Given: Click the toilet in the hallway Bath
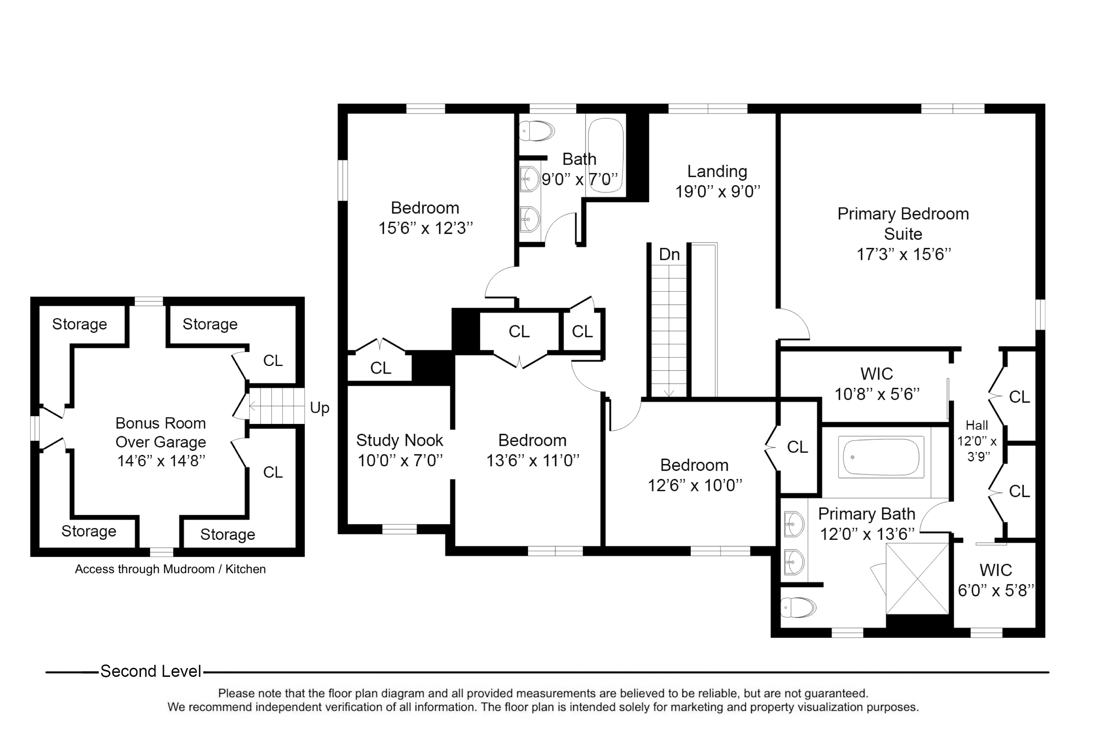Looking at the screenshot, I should point(537,131).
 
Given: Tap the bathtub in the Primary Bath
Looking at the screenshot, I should point(882,457).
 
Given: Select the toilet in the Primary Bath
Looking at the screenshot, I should point(798,607).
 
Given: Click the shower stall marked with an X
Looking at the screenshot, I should point(917,579).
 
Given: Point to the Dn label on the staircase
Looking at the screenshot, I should point(669,254).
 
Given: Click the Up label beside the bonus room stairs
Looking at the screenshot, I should point(320,408).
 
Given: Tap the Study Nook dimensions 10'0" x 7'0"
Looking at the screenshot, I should point(400,460).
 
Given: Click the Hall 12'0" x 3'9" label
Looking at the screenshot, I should point(977,440).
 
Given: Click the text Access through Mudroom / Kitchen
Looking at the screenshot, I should point(170,569).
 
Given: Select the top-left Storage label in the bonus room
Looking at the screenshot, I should point(79,324).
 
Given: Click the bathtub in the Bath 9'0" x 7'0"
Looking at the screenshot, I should point(606,156).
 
